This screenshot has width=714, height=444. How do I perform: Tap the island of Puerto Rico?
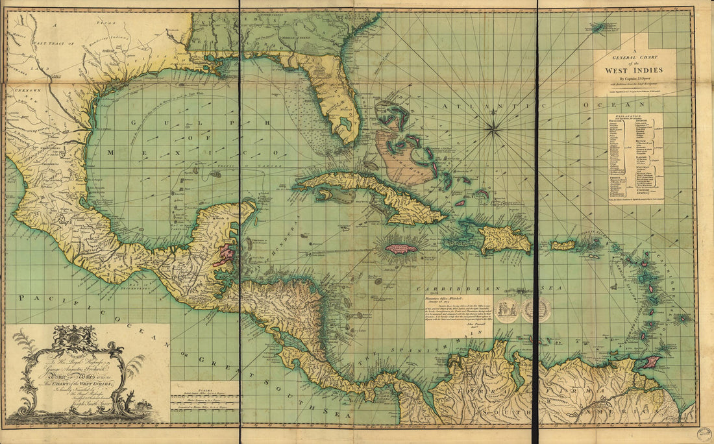click(x=563, y=245)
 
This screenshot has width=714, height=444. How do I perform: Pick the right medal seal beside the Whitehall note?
click(x=536, y=310)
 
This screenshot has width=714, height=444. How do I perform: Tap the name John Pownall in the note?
click(x=460, y=330)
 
